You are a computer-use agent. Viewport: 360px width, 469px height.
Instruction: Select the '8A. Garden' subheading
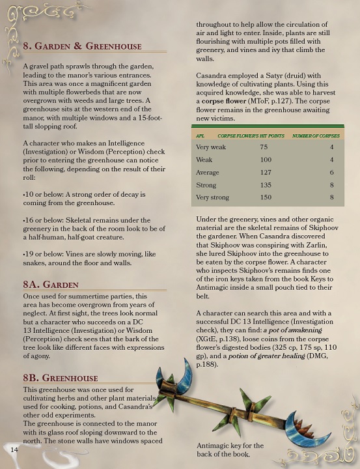[51, 285]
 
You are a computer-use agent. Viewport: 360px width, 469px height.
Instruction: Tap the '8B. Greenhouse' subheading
[61, 378]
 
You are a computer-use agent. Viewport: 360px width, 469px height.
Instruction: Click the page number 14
[14, 449]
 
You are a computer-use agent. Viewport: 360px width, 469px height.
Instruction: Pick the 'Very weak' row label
[212, 147]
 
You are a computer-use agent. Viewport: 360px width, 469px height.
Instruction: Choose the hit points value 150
[265, 197]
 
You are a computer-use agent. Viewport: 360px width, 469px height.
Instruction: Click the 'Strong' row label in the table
[206, 185]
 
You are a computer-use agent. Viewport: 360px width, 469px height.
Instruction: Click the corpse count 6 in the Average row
[331, 173]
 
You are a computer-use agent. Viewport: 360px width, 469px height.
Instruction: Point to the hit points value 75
[264, 147]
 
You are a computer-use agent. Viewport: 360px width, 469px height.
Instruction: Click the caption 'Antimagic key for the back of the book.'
[230, 449]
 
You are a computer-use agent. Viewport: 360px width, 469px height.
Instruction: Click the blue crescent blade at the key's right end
[325, 429]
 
